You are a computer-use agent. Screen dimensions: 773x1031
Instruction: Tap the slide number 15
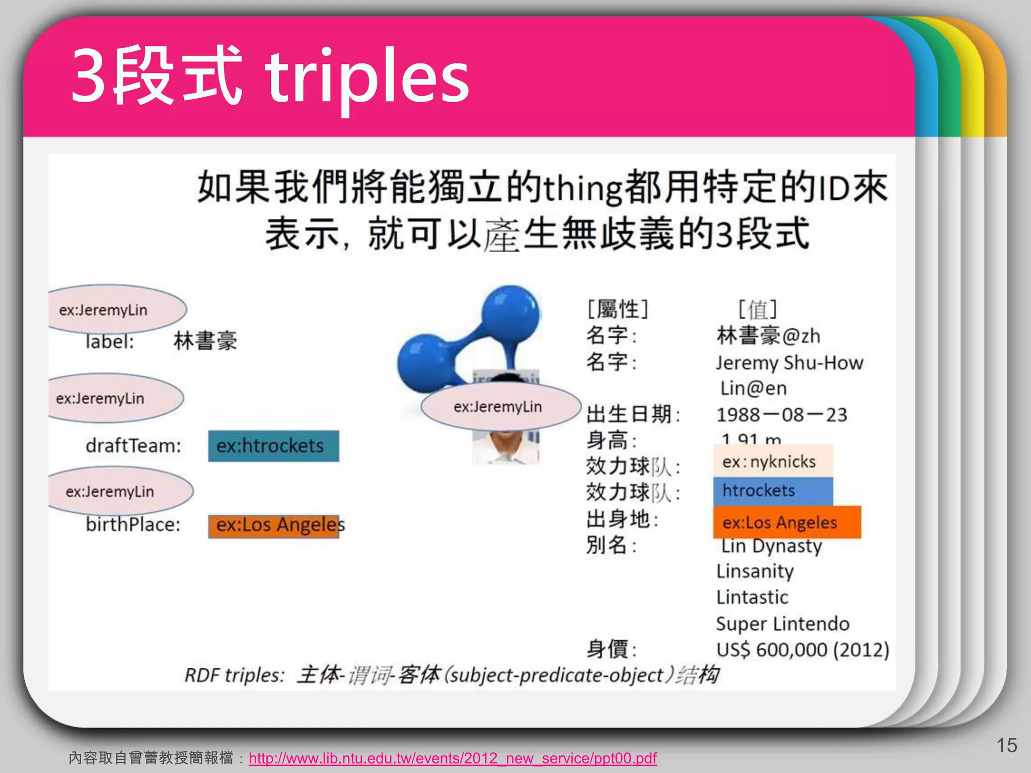(1006, 745)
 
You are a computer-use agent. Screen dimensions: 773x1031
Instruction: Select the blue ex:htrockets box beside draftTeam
(273, 446)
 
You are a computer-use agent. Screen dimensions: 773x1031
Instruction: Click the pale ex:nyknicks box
(772, 461)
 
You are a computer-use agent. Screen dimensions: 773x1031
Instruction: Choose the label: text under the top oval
(110, 342)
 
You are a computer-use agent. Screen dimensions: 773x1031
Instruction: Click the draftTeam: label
(133, 446)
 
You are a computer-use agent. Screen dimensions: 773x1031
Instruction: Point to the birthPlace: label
(133, 525)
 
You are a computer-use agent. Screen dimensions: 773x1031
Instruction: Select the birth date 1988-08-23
(781, 415)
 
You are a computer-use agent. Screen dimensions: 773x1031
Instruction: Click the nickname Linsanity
(755, 571)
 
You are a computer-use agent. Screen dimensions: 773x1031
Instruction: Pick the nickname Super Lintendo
(782, 624)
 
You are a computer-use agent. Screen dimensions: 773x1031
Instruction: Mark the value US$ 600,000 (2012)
(802, 650)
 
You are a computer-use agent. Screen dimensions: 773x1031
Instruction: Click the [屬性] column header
(618, 309)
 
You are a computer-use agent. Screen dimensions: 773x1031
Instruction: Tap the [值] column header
(757, 309)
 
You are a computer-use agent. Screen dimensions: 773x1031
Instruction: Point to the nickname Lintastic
(752, 597)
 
